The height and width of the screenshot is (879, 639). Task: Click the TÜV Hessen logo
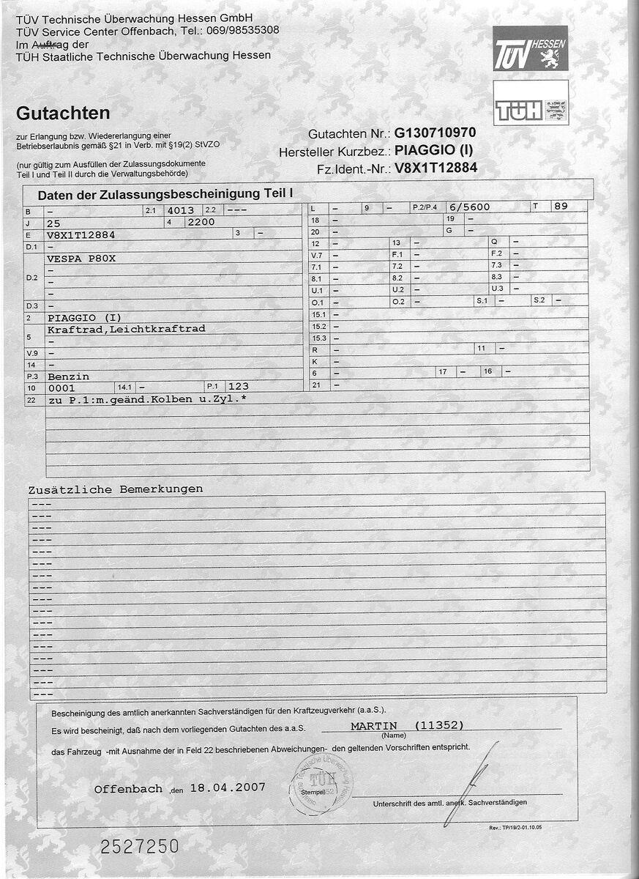click(530, 48)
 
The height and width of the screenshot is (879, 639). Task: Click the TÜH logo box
click(530, 103)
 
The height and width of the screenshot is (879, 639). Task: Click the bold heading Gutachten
click(63, 114)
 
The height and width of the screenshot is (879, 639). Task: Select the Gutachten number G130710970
click(435, 133)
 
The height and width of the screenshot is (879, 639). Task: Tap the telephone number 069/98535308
click(242, 30)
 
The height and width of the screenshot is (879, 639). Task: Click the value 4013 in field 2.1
click(181, 210)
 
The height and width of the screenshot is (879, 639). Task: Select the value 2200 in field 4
click(201, 222)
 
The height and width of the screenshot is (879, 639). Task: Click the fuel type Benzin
click(68, 376)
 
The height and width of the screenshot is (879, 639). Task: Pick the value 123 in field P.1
click(239, 386)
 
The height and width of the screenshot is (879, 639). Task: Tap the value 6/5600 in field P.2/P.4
click(469, 207)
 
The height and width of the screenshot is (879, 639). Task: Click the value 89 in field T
click(561, 207)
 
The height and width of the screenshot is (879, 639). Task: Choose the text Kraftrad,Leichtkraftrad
click(126, 330)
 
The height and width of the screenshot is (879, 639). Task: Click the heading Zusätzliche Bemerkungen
click(116, 489)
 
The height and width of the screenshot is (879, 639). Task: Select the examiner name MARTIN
click(373, 726)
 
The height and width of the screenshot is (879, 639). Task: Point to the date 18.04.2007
click(228, 788)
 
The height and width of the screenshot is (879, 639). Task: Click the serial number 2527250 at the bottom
click(139, 847)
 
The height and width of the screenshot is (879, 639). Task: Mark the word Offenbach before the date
click(128, 789)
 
